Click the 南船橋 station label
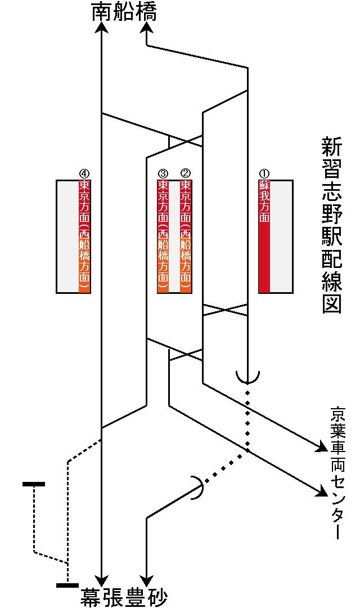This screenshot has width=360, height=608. [124, 12]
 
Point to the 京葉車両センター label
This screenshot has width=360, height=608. [337, 473]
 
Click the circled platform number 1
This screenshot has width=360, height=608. [264, 174]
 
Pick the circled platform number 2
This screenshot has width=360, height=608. [186, 174]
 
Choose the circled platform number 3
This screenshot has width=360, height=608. [163, 174]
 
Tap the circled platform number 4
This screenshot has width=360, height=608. [84, 174]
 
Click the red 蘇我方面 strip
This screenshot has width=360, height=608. [264, 236]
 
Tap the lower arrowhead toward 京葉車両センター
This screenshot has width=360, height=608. [322, 493]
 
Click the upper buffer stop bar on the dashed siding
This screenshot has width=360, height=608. [34, 484]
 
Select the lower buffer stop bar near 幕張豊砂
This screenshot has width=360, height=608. [67, 585]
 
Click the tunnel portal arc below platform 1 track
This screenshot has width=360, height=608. [247, 376]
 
